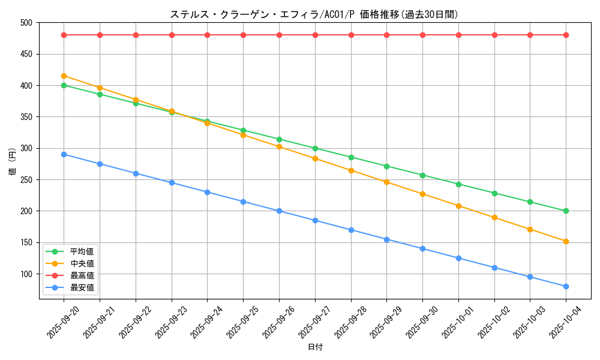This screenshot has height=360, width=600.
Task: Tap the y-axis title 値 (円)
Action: pos(13,162)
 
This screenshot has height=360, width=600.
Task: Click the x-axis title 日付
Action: pos(315,347)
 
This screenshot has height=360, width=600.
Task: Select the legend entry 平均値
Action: pos(82,251)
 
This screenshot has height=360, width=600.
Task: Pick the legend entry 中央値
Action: pos(82,263)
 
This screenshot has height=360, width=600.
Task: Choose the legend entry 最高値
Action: pos(82,275)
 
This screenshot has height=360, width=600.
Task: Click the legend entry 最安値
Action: pos(82,287)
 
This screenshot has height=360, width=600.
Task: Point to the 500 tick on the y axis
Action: pos(28,23)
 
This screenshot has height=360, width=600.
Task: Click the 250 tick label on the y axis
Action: pos(28,180)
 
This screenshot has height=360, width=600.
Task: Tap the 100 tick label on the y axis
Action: pos(28,274)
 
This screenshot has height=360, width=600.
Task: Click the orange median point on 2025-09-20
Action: pos(64,76)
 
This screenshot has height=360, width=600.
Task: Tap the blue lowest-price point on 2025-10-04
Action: pos(566,286)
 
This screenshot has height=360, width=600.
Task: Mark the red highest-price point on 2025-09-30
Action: pos(422,35)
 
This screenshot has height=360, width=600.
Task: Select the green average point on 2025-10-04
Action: pos(566,211)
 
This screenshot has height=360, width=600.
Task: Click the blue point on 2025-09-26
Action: pos(279,211)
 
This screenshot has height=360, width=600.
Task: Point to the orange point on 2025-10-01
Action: pos(458,206)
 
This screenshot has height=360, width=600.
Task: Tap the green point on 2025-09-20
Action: pos(64,85)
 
